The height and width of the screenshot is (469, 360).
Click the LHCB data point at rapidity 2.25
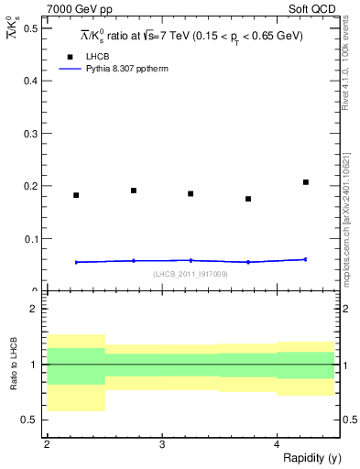(76, 195)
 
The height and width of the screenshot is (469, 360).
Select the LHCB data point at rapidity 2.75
(134, 191)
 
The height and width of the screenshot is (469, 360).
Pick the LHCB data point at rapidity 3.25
(191, 193)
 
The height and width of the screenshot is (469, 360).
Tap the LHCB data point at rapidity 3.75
(248, 199)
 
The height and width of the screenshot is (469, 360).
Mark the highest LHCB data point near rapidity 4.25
(306, 182)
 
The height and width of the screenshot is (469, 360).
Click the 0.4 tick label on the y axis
(31, 81)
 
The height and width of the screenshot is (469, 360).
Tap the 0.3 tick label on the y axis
(31, 134)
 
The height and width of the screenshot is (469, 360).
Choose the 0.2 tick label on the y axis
(31, 186)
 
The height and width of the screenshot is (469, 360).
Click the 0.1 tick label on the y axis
(31, 239)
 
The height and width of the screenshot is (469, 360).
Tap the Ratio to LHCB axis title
(13, 365)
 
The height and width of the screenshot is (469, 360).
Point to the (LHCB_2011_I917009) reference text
(191, 274)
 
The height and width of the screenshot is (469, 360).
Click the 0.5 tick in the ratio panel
(31, 420)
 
